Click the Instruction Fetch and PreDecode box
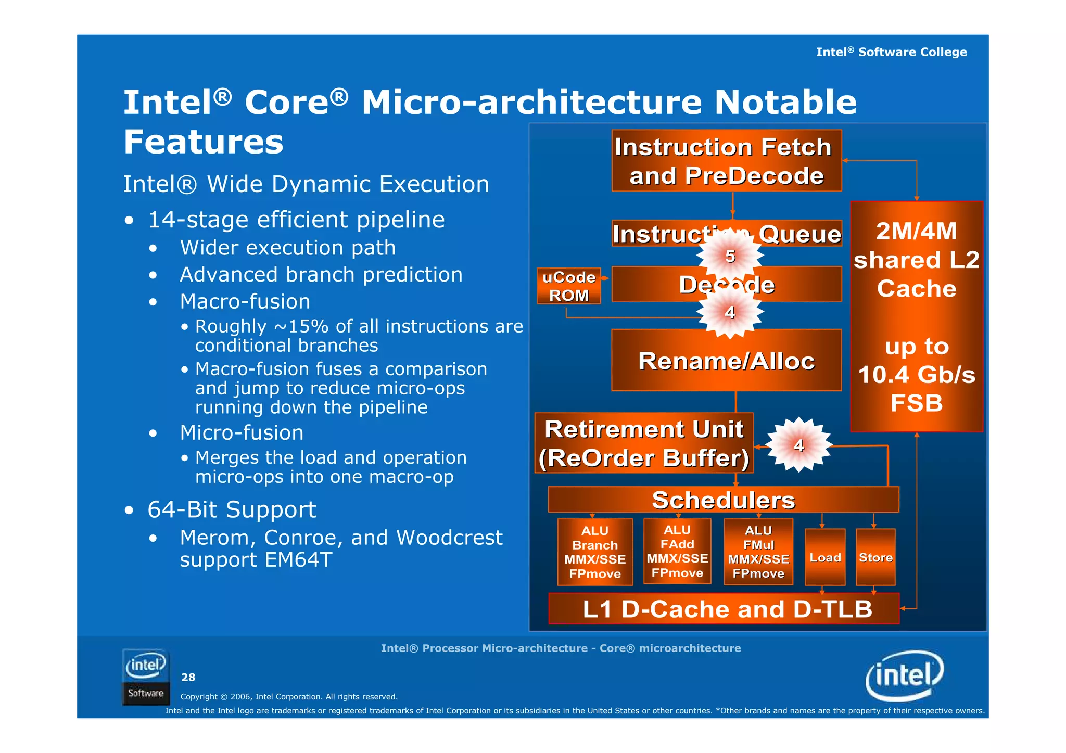point(726,161)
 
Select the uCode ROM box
point(568,286)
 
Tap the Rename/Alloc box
point(726,360)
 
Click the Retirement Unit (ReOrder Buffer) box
point(643,443)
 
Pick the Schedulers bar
point(723,500)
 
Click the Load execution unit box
point(824,557)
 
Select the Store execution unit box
point(875,557)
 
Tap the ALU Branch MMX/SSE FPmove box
point(594,552)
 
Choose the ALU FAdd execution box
point(677,551)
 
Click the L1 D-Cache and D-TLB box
point(724,608)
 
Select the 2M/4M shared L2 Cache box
point(916,316)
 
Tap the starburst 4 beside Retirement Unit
point(798,445)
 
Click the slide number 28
point(188,677)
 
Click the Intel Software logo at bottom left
point(146,677)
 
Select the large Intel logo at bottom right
point(904,675)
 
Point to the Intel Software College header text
point(891,52)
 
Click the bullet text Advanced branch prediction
point(321,275)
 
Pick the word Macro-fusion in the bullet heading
point(245,302)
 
